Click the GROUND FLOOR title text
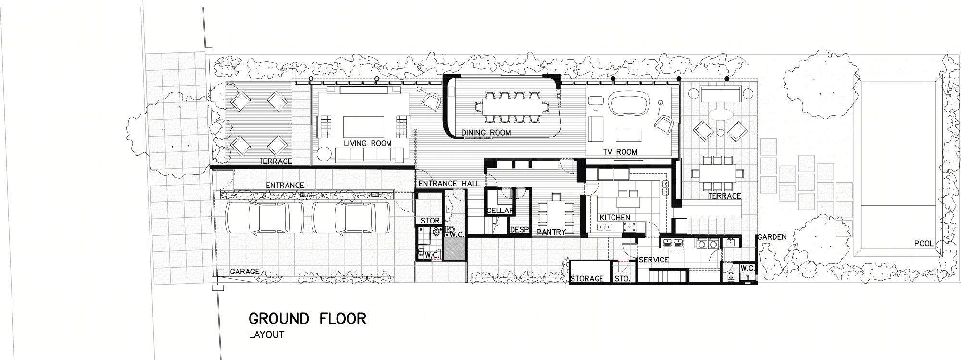(x=307, y=319)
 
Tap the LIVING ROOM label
(x=368, y=143)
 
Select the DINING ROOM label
(x=486, y=132)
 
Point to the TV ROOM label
(x=620, y=152)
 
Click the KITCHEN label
(x=614, y=217)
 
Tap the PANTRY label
(x=551, y=232)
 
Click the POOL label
(x=924, y=244)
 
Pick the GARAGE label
(x=245, y=272)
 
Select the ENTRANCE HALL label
(x=449, y=184)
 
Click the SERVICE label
(x=654, y=260)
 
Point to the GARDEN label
(x=772, y=237)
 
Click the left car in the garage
(x=264, y=217)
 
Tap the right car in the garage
(x=351, y=217)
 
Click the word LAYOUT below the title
(x=266, y=335)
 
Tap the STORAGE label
(x=587, y=279)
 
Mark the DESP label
(x=519, y=229)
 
